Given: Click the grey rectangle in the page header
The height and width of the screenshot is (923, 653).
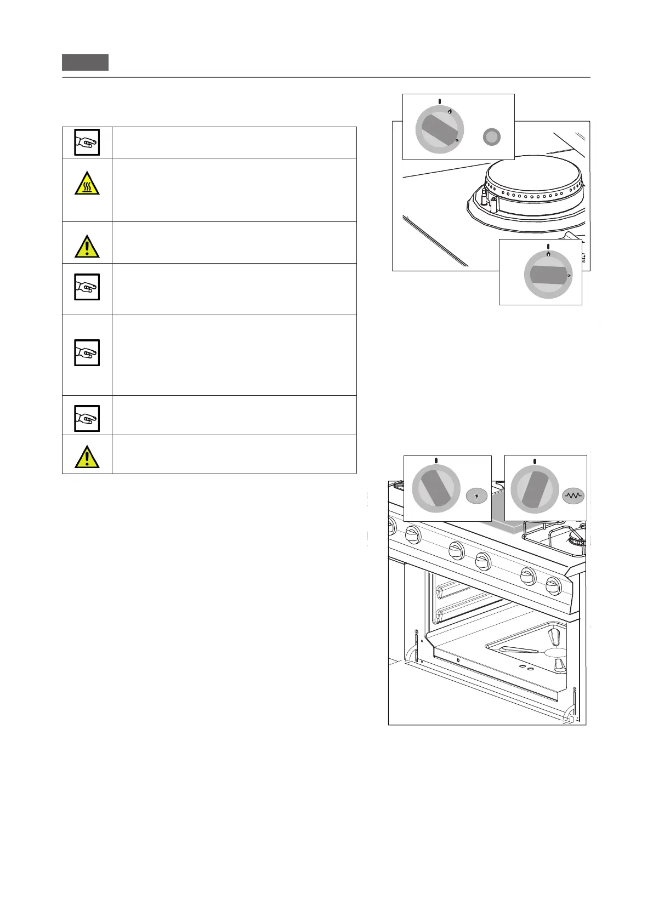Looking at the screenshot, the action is pyautogui.click(x=85, y=62).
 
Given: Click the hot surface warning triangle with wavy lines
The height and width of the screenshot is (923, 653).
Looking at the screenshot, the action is pyautogui.click(x=87, y=184).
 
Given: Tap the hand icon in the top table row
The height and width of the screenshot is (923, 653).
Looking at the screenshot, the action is pyautogui.click(x=87, y=143).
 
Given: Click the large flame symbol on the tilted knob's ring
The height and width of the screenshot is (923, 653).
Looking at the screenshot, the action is pyautogui.click(x=450, y=111).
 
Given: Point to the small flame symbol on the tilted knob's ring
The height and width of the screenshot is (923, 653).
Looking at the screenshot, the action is pyautogui.click(x=457, y=141).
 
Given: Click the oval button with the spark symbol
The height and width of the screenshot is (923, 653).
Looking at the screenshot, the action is pyautogui.click(x=476, y=496).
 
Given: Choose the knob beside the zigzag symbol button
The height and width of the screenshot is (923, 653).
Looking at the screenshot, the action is pyautogui.click(x=535, y=488).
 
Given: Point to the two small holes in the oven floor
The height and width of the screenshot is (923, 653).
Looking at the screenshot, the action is pyautogui.click(x=526, y=668).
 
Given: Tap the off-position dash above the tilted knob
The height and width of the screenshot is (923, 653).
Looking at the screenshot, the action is pyautogui.click(x=440, y=101).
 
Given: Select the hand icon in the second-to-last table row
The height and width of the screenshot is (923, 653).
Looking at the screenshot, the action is pyautogui.click(x=87, y=418).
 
